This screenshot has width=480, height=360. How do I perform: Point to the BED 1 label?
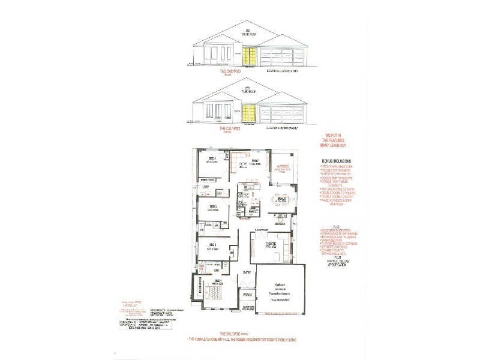214,281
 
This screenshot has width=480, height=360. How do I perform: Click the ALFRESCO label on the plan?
282,166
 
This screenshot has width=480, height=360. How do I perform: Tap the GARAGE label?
281,284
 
